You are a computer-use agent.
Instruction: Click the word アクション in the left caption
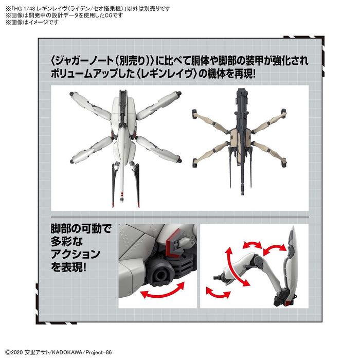[75, 254]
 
